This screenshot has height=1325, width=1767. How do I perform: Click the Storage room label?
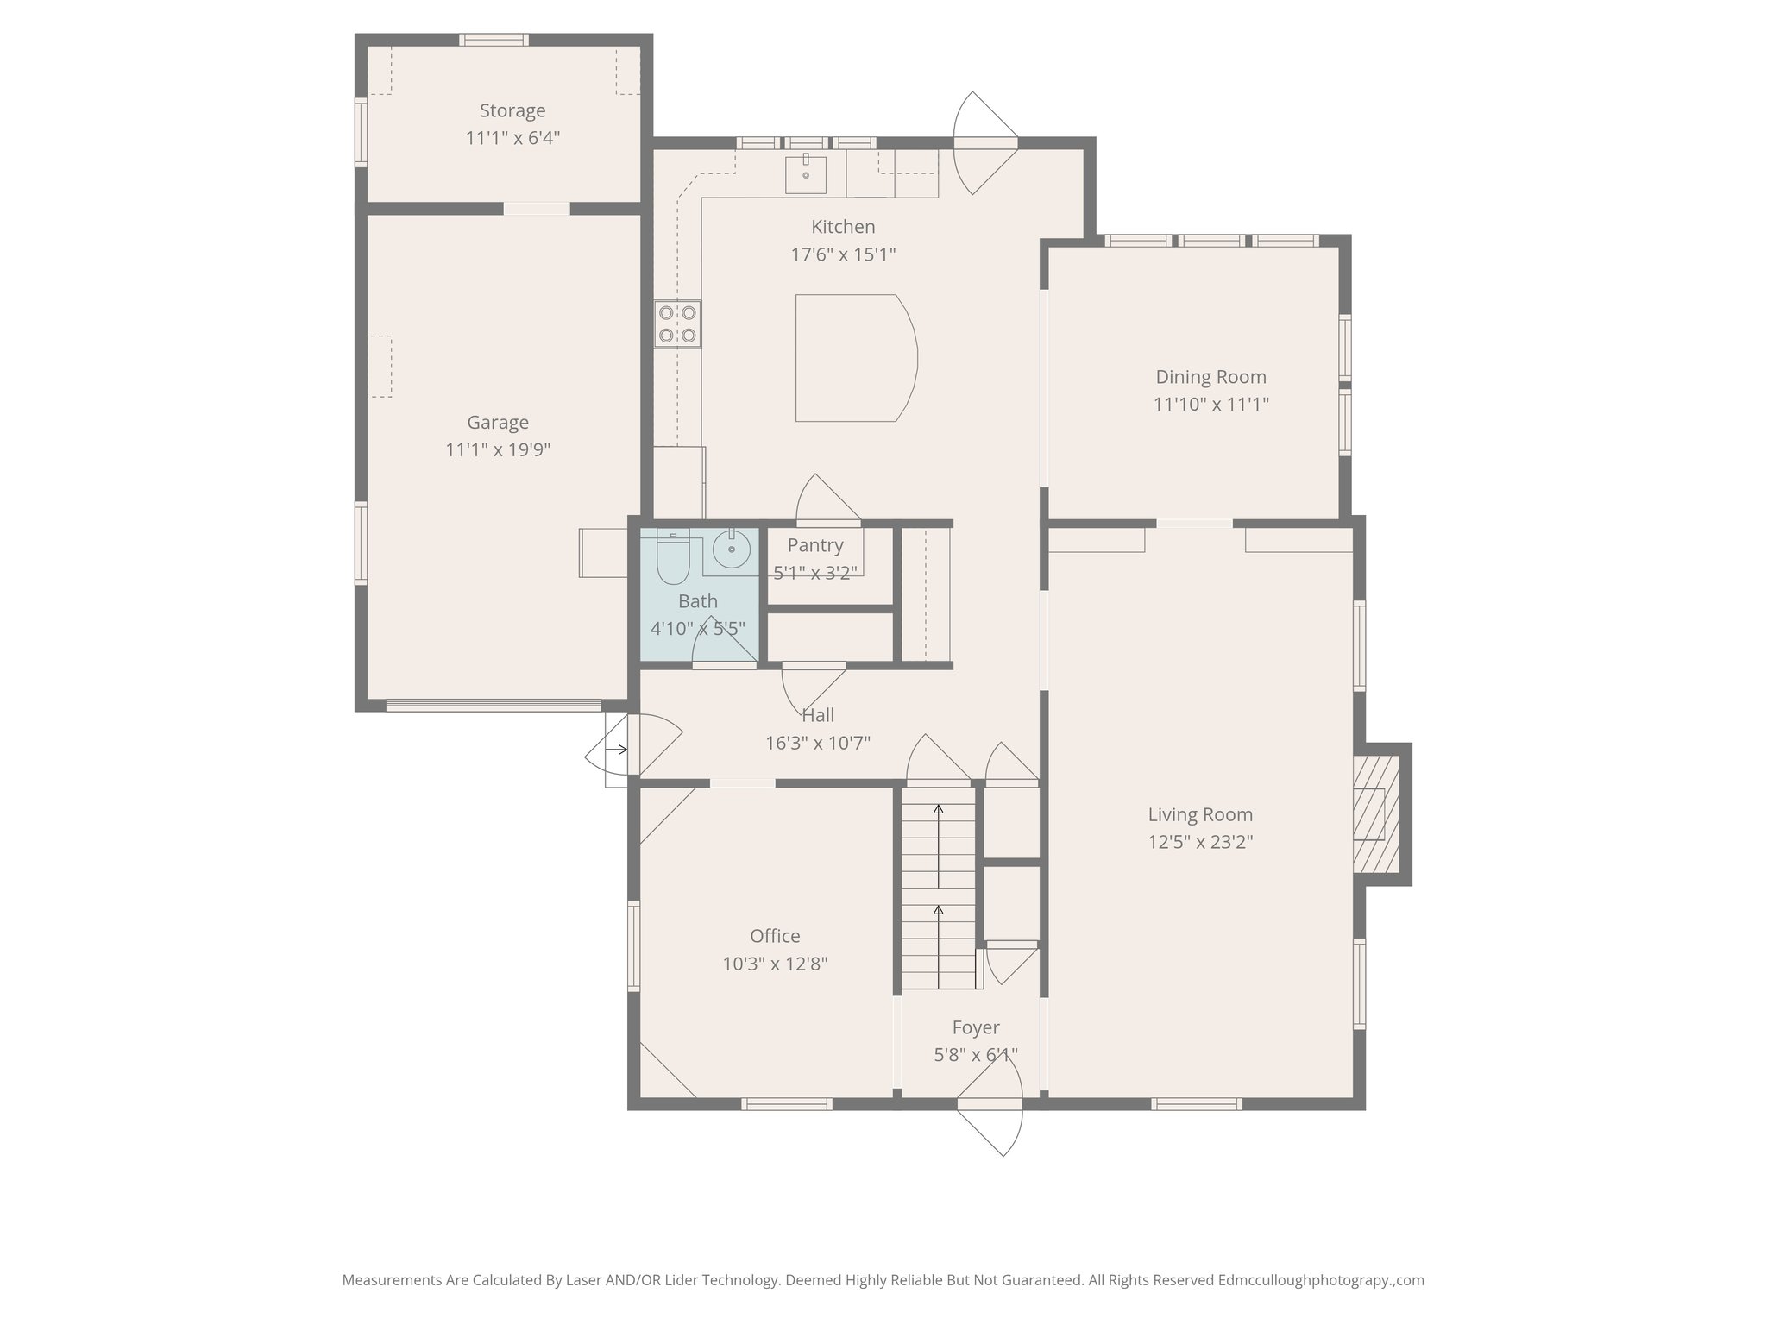(x=512, y=110)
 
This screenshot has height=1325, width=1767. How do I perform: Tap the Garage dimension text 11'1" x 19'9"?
(x=498, y=449)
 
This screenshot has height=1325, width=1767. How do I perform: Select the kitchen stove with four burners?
(x=677, y=324)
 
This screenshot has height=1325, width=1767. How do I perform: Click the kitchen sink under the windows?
(x=806, y=175)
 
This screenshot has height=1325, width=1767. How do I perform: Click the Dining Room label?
(x=1210, y=377)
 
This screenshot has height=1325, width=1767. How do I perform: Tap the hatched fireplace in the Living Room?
(x=1375, y=814)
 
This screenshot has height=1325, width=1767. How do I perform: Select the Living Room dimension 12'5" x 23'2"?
(x=1200, y=842)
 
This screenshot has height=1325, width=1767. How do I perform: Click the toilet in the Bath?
(x=672, y=557)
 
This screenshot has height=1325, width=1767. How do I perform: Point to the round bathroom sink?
(x=732, y=549)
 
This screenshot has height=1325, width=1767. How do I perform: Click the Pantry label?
(x=815, y=545)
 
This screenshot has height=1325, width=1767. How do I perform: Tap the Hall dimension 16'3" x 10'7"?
(x=818, y=743)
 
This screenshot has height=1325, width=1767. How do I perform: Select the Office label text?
(x=775, y=936)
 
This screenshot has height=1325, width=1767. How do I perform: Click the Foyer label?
(x=976, y=1027)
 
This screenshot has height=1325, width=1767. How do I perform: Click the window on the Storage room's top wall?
(x=494, y=39)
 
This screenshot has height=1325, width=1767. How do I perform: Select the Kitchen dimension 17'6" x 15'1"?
(x=844, y=254)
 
